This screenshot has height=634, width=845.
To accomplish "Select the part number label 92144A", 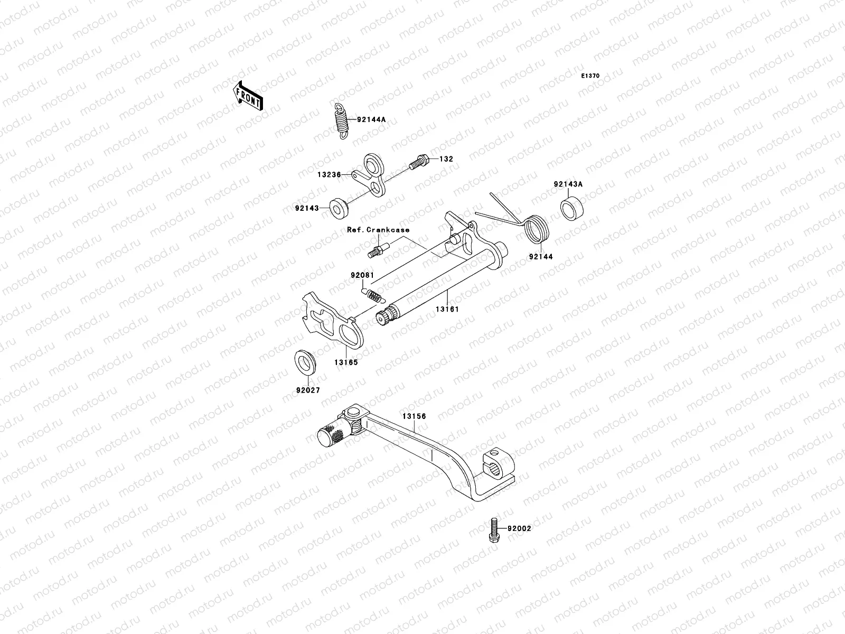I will [x=371, y=119].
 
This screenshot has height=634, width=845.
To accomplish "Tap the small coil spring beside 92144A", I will [x=343, y=122].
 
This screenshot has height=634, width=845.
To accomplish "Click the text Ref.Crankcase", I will [x=378, y=230].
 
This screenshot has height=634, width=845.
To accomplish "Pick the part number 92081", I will [x=362, y=275].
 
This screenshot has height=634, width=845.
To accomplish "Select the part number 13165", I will [x=345, y=362].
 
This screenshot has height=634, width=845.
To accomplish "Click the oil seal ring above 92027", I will [x=305, y=362].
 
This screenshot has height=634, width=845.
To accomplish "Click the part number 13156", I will [x=414, y=416].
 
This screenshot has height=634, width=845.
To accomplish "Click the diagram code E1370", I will [x=590, y=76].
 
